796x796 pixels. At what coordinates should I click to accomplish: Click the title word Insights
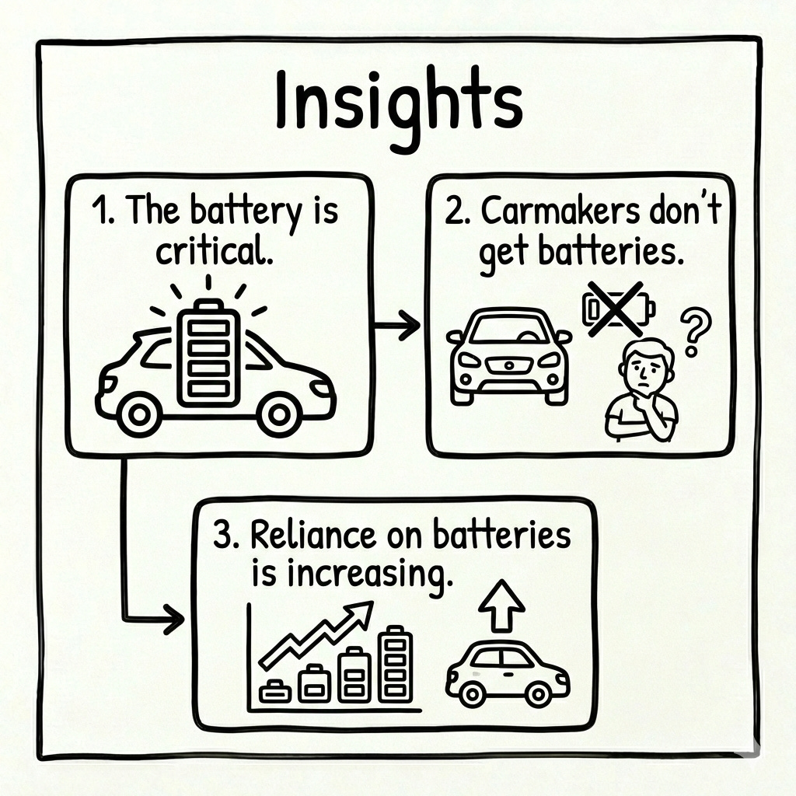tap(398, 106)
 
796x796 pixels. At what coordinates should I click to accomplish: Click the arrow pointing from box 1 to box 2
tap(400, 327)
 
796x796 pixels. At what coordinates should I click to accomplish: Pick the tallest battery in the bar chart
tap(396, 664)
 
